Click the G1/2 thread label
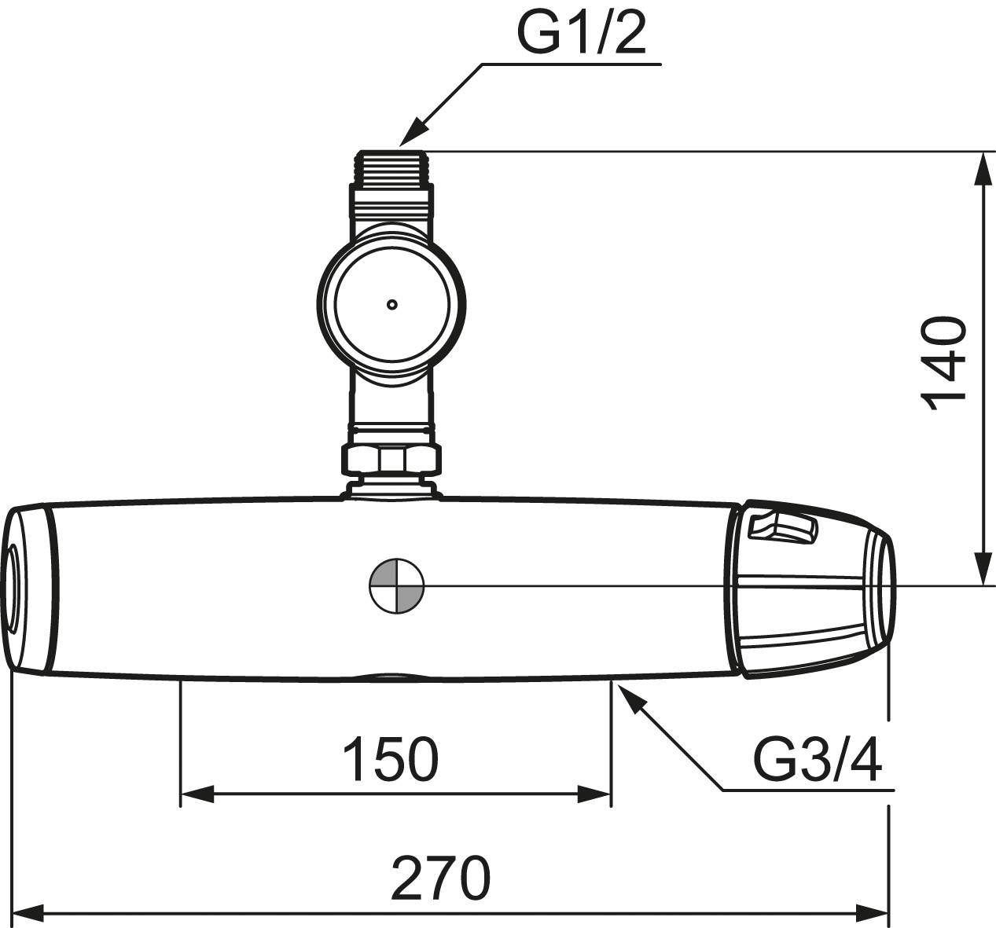pyautogui.click(x=581, y=31)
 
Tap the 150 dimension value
pyautogui.click(x=391, y=761)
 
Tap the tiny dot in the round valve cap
pyautogui.click(x=392, y=305)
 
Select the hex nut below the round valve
pyautogui.click(x=391, y=459)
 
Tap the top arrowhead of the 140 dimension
pyautogui.click(x=983, y=169)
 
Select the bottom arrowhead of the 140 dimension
pyautogui.click(x=983, y=568)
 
